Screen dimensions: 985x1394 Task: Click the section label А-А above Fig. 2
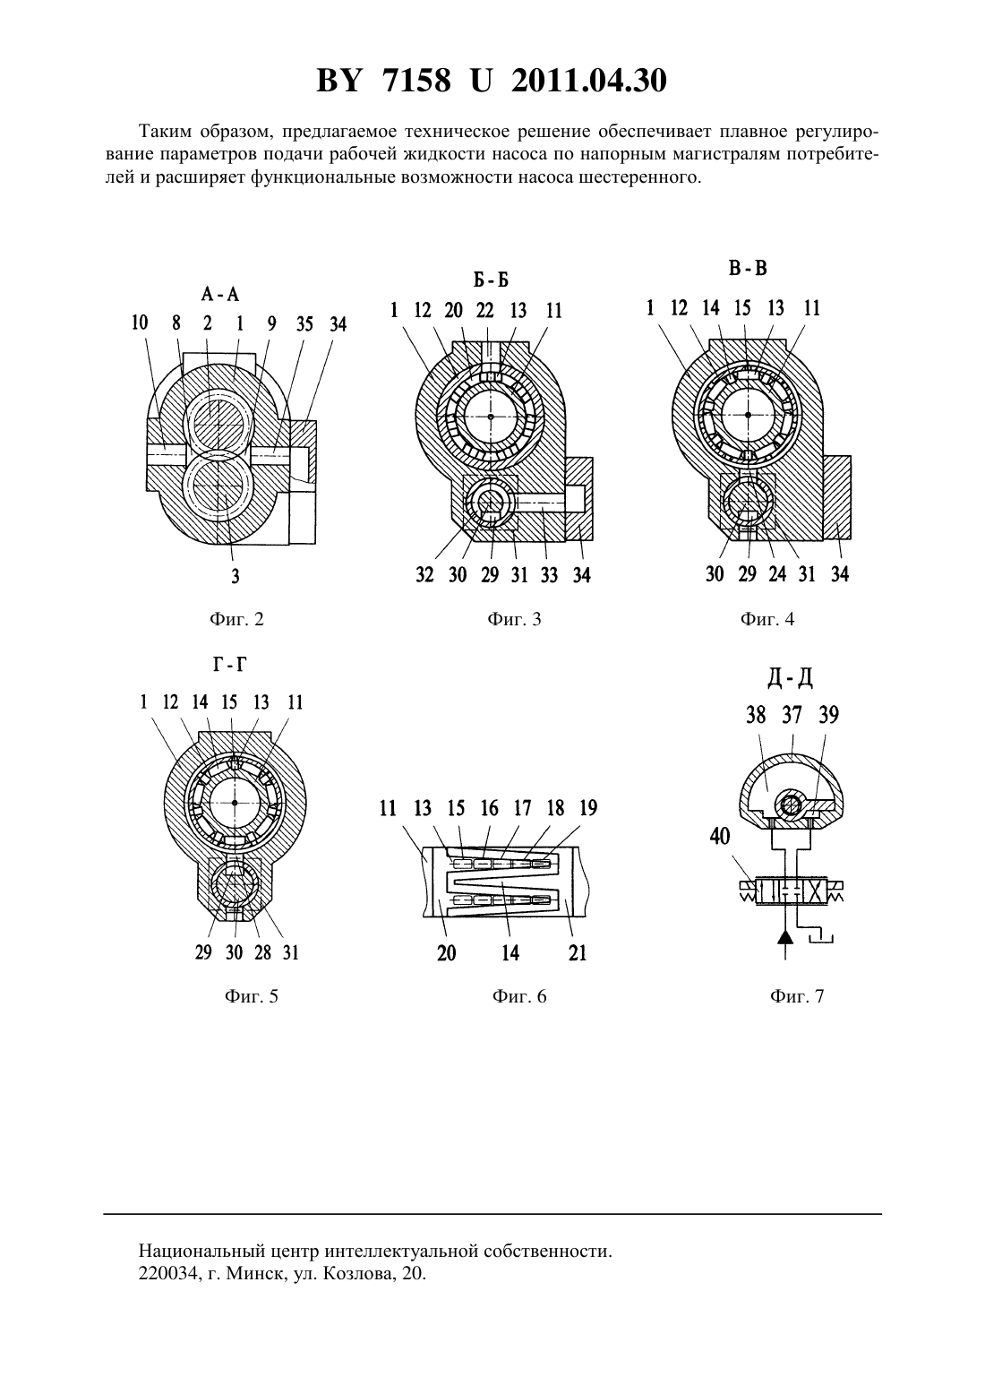coord(220,294)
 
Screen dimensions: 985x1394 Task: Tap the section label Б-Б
coord(491,280)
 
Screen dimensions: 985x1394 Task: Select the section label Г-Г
coord(229,665)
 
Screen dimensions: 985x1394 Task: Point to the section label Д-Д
coord(790,677)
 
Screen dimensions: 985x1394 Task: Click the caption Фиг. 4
coord(767,619)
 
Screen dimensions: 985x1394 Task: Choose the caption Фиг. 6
coord(519,996)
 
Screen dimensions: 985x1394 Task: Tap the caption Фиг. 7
coord(797,996)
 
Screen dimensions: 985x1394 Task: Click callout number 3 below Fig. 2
coord(235,576)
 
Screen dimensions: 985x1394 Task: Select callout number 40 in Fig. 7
coord(719,837)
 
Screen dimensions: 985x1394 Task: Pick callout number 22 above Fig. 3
coord(485,309)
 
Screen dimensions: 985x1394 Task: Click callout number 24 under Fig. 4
coord(776,573)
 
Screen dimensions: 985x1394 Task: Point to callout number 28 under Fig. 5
coord(262,952)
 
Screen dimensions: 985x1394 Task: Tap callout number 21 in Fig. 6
coord(578,952)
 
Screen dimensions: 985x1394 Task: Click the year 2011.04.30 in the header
coord(589,81)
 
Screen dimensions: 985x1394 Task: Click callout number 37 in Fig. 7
coord(792,715)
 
